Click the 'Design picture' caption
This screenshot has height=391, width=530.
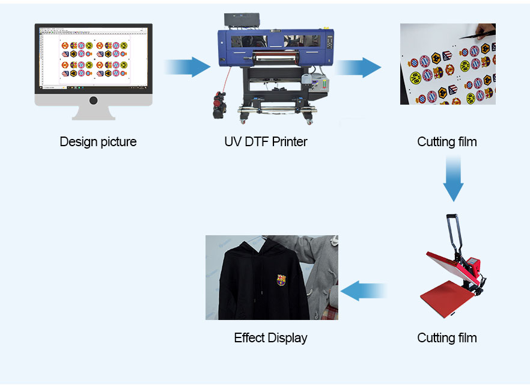tap(98, 142)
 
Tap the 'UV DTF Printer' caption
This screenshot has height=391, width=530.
tap(266, 142)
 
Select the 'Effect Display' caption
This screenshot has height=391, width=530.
tap(270, 337)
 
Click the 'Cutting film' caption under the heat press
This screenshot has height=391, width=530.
tap(447, 337)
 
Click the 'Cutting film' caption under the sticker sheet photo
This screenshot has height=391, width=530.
tap(447, 142)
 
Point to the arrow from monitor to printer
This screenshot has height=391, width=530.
tap(187, 67)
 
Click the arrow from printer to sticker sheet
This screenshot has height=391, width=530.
tap(359, 67)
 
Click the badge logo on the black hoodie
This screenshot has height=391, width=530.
tap(281, 280)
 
